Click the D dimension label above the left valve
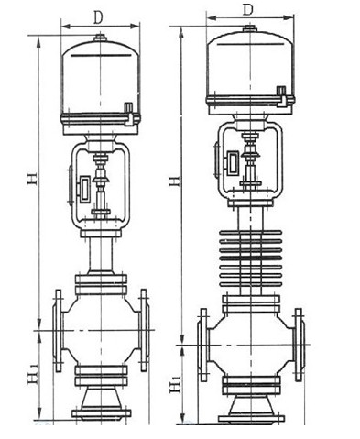(98, 17)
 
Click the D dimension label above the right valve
(248, 10)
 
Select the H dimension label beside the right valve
(175, 181)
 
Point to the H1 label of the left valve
(33, 373)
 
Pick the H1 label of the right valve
(175, 383)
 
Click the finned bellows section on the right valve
(250, 258)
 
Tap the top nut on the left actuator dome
(99, 38)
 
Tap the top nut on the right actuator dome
(250, 28)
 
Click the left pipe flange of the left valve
(57, 330)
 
